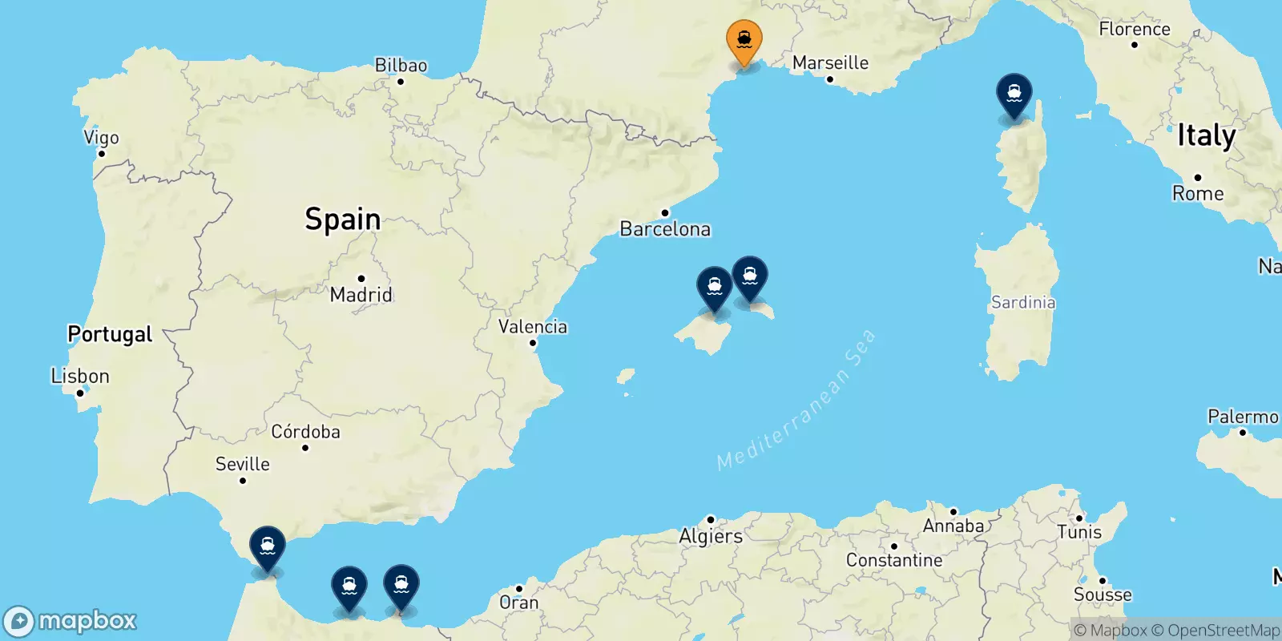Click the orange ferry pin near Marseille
pyautogui.click(x=744, y=40)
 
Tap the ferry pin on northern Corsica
pyautogui.click(x=1014, y=95)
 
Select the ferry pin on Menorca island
pyautogui.click(x=749, y=277)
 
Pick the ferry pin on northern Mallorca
pyautogui.click(x=714, y=288)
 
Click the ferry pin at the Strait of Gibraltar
pyautogui.click(x=268, y=547)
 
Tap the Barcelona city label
pyautogui.click(x=665, y=229)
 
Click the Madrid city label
pyautogui.click(x=361, y=295)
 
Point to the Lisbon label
pyautogui.click(x=80, y=376)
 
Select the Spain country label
pyautogui.click(x=343, y=219)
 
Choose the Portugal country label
pyautogui.click(x=110, y=334)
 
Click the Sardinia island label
pyautogui.click(x=1023, y=302)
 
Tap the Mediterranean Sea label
pyautogui.click(x=796, y=401)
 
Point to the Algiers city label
pyautogui.click(x=711, y=536)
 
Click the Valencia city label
pyautogui.click(x=533, y=327)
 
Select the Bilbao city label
pyautogui.click(x=401, y=66)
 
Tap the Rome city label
pyautogui.click(x=1198, y=193)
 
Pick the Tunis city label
pyautogui.click(x=1079, y=532)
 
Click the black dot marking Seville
pyautogui.click(x=243, y=481)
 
